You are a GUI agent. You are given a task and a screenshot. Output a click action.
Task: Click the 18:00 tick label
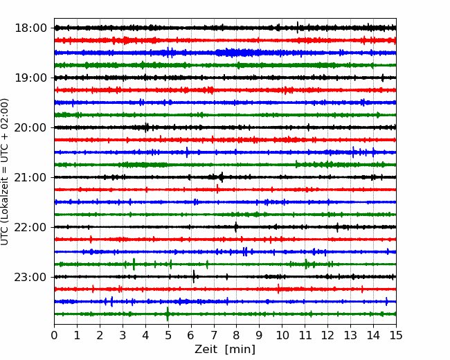coord(30,28)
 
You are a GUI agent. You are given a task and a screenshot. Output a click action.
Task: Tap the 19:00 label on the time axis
coord(30,78)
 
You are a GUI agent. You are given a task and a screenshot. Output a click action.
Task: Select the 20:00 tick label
coord(30,128)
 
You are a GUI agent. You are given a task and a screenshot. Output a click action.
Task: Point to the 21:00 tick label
coord(30,177)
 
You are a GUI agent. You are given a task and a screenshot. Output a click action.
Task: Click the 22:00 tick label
coord(30,227)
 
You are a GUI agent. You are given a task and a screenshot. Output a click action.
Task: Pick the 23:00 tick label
coord(30,278)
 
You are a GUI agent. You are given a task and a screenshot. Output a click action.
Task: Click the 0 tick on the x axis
coord(54,335)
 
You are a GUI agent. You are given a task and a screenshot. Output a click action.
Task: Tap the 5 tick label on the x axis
coord(168,335)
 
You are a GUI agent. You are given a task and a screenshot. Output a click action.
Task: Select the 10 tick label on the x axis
coord(282,335)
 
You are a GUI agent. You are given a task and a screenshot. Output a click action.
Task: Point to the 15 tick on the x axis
coord(396,335)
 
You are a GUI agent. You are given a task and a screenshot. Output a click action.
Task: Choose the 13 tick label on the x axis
coord(350,335)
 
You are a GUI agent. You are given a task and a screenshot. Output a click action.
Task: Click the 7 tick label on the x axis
coord(214,335)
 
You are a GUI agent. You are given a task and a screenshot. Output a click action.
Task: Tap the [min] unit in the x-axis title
coord(240,350)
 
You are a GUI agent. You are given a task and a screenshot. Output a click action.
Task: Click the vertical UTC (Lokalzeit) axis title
coord(5,172)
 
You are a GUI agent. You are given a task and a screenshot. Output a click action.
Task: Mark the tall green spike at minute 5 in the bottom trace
coord(168,314)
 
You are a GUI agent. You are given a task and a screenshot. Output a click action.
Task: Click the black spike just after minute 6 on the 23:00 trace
coord(194,276)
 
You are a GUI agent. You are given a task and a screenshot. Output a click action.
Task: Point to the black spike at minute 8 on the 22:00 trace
coord(236,227)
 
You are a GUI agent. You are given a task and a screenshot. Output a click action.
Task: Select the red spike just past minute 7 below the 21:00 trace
coord(217,189)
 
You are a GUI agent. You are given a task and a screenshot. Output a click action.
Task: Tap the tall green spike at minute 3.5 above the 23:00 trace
coord(134,264)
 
